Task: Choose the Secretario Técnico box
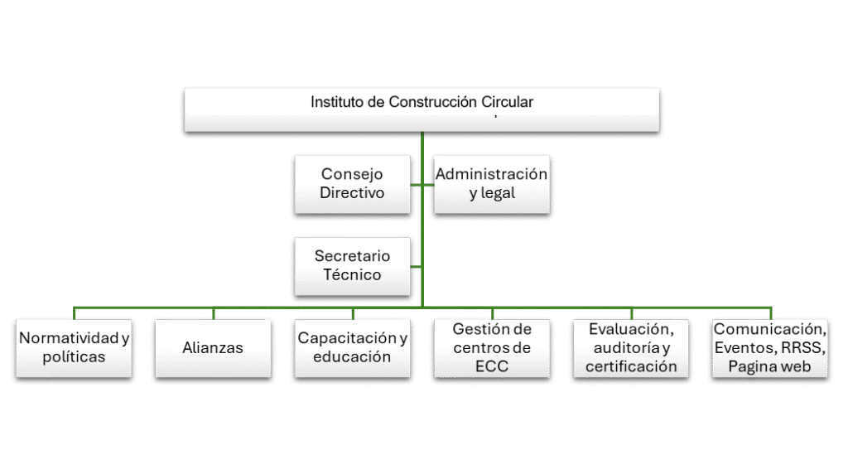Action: pyautogui.click(x=354, y=265)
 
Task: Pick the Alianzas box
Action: pyautogui.click(x=213, y=348)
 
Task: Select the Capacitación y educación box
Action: pyautogui.click(x=353, y=348)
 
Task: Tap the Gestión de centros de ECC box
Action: pyautogui.click(x=491, y=348)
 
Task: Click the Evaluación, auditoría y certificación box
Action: pyautogui.click(x=631, y=348)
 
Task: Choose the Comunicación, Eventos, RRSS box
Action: pyautogui.click(x=770, y=348)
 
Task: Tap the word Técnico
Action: pyautogui.click(x=354, y=275)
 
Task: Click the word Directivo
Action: pyautogui.click(x=353, y=193)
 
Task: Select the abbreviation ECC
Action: pyautogui.click(x=492, y=366)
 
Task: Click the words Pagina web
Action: pyautogui.click(x=770, y=367)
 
